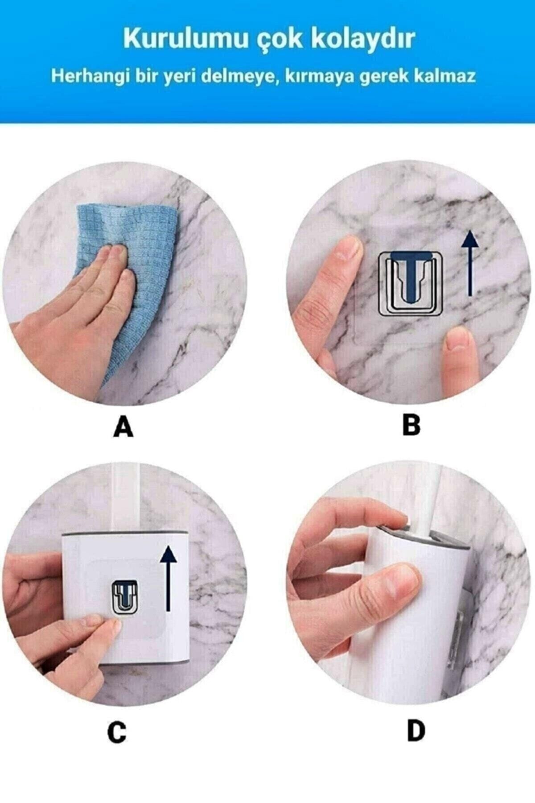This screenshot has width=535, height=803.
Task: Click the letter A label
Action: [x=123, y=427]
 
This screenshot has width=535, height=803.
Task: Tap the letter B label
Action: [x=411, y=425]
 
